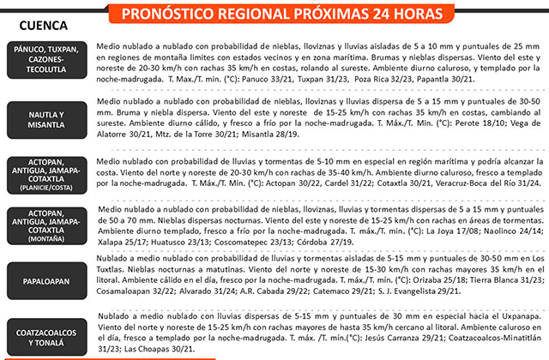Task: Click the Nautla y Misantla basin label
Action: [47, 119]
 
